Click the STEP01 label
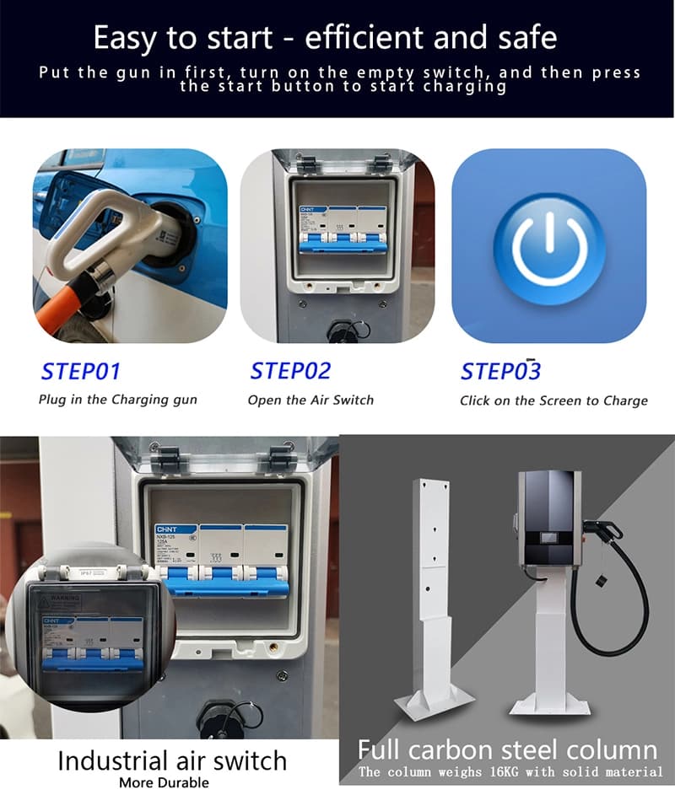point(80,371)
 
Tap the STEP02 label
point(290,371)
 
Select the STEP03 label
point(500,371)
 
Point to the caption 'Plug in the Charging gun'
point(117,400)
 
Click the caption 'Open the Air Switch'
point(310,400)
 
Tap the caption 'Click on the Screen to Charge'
point(553,400)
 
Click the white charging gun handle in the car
point(101,228)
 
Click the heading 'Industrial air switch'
point(172,761)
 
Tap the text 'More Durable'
point(164,782)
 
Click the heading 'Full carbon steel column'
point(507,749)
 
